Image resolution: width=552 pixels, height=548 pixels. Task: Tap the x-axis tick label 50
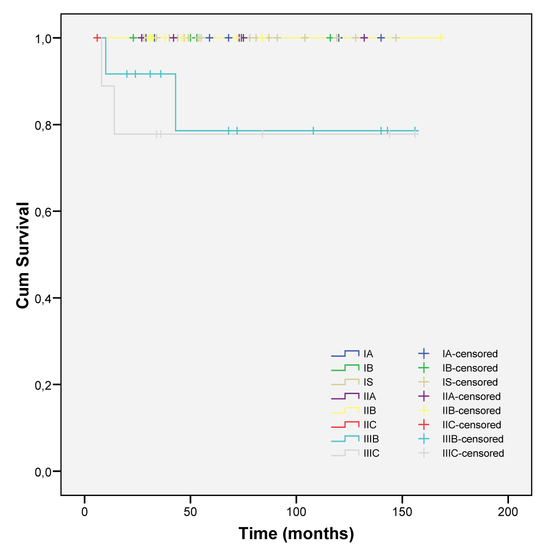[190, 512]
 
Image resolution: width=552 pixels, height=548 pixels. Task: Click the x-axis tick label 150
[402, 512]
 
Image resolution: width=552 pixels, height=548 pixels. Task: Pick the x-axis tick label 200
[508, 512]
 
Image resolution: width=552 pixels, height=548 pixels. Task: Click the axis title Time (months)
[296, 534]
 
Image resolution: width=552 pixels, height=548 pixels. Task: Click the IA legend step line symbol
[345, 353]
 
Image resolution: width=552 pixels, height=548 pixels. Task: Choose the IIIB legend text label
[371, 439]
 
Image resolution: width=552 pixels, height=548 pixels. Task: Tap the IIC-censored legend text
[472, 425]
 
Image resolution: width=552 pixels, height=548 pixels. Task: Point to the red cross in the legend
[423, 425]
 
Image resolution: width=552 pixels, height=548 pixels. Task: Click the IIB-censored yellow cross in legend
[423, 411]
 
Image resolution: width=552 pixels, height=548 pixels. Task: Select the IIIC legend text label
[372, 454]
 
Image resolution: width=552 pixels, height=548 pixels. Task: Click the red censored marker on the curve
[97, 38]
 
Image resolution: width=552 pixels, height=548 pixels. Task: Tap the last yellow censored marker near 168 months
[440, 38]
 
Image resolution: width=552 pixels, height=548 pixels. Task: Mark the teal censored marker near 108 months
[313, 131]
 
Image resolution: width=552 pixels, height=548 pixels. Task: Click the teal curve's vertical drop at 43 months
[176, 102]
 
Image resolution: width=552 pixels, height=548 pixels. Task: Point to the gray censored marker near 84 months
[262, 134]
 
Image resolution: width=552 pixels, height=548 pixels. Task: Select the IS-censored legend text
[470, 382]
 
